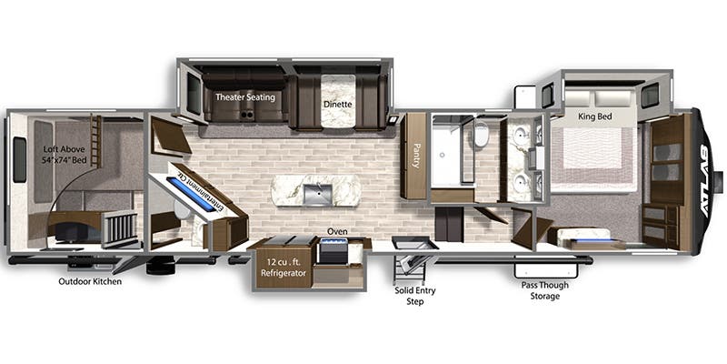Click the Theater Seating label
245,97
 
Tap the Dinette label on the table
338,105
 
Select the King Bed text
595,116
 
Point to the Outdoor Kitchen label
90,281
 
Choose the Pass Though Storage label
544,290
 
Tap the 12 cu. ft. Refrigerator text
284,268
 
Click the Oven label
337,231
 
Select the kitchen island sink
317,194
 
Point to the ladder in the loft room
96,141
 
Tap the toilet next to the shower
482,133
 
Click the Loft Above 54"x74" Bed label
65,155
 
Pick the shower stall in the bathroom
446,150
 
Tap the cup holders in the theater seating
246,114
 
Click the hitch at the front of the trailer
718,181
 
